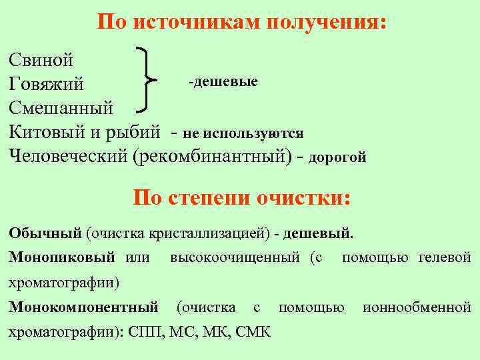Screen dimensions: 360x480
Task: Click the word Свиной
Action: click(41, 61)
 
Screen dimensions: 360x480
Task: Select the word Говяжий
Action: click(47, 84)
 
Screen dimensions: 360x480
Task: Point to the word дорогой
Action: click(337, 158)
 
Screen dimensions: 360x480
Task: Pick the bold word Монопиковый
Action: click(62, 257)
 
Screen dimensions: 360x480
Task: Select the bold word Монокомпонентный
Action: click(83, 307)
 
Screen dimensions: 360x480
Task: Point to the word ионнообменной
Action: click(417, 307)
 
